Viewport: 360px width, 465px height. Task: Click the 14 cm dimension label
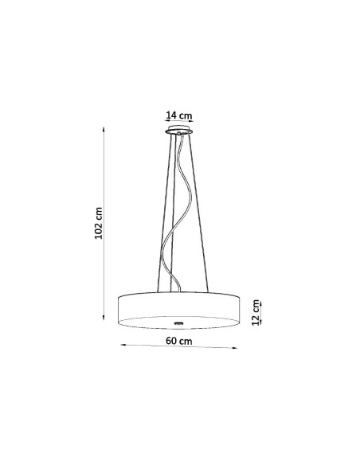pos(179,115)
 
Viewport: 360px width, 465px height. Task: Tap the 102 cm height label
pos(99,223)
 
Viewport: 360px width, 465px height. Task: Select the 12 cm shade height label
pos(256,313)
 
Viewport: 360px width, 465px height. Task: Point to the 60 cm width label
pos(179,341)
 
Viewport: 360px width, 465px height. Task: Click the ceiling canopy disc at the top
pos(179,131)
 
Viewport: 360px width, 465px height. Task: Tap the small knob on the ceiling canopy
pos(179,133)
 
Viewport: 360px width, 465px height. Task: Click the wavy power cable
pos(178,213)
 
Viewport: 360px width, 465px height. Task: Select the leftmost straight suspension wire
pos(164,213)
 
